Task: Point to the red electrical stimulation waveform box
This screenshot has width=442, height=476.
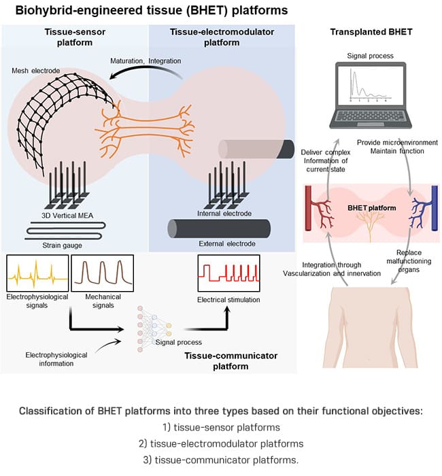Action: pyautogui.click(x=228, y=274)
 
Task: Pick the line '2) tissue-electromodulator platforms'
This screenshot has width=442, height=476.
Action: pyautogui.click(x=221, y=444)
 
